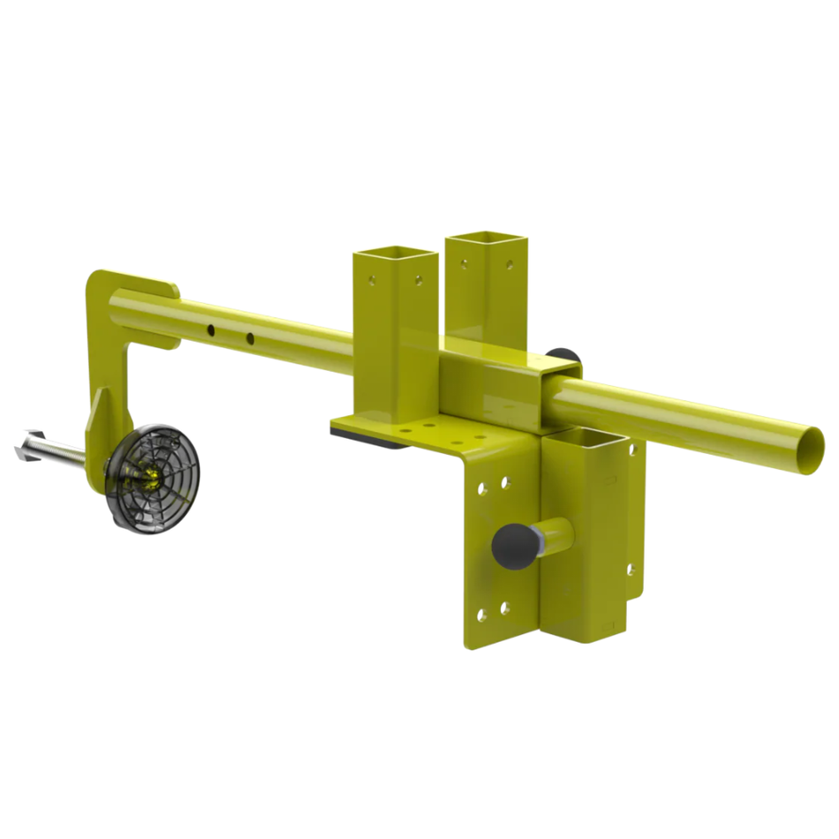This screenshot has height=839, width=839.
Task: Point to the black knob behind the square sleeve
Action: [562, 357]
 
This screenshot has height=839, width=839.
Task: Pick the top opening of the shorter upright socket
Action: [396, 254]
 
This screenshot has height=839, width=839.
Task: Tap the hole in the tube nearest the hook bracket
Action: [211, 329]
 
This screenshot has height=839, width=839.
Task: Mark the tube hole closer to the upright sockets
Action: [250, 337]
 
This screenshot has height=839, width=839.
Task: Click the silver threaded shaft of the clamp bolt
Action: [66, 451]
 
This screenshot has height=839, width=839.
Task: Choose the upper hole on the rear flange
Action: [632, 450]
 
